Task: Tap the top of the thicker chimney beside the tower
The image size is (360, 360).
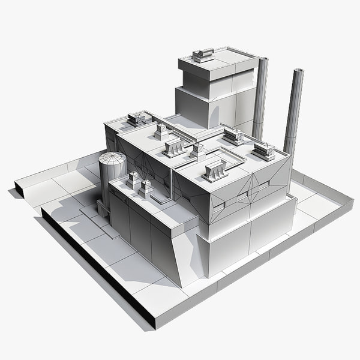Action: click(x=263, y=59)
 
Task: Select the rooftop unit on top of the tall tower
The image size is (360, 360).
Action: click(x=203, y=55)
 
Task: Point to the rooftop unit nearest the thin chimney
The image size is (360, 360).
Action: click(x=263, y=151)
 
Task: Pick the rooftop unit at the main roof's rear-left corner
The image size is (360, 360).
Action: click(x=136, y=118)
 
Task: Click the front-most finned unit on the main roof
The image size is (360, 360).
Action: click(x=215, y=172)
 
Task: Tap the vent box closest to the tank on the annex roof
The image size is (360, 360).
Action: click(x=133, y=179)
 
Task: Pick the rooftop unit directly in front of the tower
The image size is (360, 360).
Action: click(x=233, y=137)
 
